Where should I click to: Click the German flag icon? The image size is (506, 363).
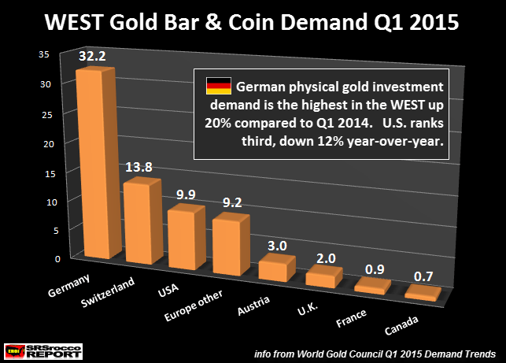coord(217,87)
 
